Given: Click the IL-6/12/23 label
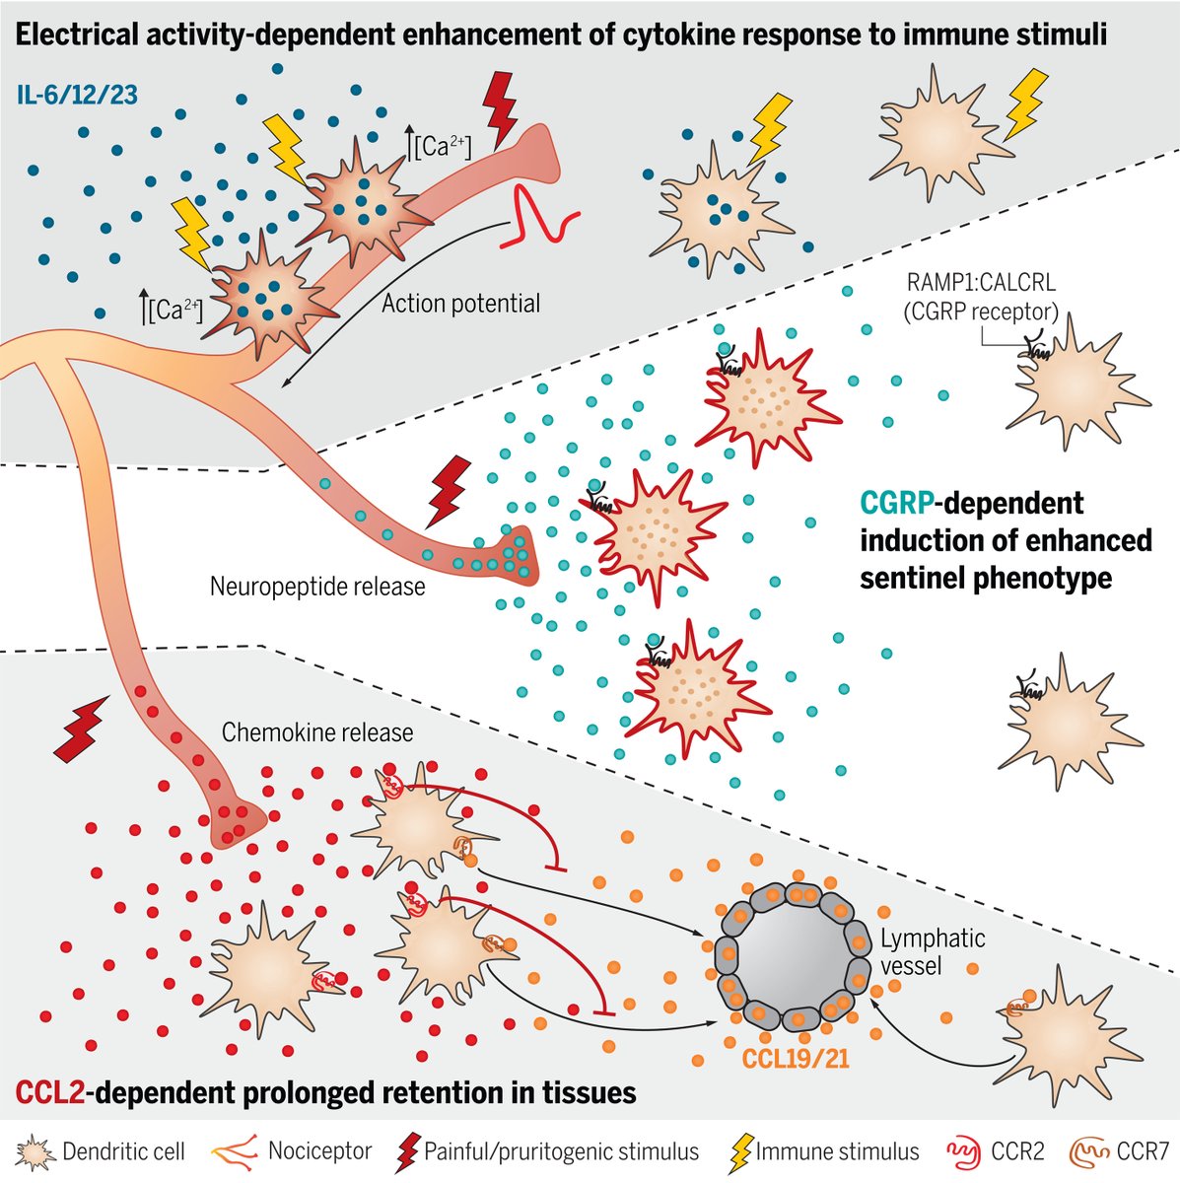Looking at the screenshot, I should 77,96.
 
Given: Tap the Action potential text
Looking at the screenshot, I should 460,304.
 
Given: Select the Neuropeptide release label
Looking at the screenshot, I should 317,588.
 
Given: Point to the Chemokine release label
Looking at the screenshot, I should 316,732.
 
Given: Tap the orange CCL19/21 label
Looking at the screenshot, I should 790,1059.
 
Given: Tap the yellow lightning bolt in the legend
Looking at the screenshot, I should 739,1151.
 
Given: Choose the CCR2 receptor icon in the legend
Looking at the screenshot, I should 964,1150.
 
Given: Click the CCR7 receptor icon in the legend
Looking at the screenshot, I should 1090,1150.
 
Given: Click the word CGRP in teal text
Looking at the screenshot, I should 895,504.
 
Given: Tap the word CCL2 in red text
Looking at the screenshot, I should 50,1092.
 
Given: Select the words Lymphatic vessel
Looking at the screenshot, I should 919,951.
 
